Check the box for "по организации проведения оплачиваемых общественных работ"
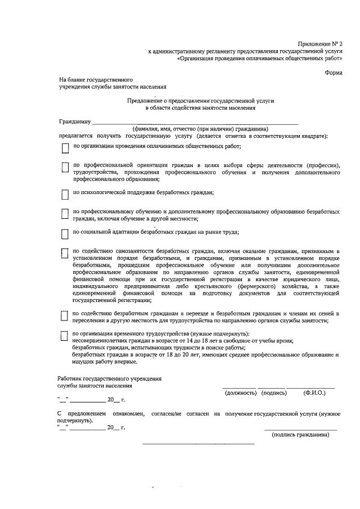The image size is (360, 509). pyautogui.click(x=65, y=148)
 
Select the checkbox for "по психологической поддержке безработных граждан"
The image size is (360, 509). pyautogui.click(x=65, y=194)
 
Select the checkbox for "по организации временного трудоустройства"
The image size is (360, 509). pyautogui.click(x=65, y=335)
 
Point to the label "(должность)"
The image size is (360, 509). pyautogui.click(x=240, y=393)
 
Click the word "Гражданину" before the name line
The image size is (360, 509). pyautogui.click(x=74, y=121)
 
